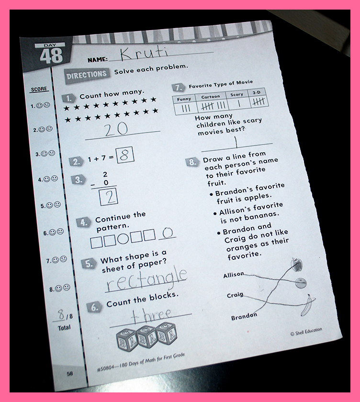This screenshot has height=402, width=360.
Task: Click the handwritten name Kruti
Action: click(145, 54)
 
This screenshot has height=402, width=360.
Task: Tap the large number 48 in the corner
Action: click(51, 56)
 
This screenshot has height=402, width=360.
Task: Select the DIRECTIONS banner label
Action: click(87, 75)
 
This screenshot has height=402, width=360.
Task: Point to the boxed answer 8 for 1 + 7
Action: click(125, 155)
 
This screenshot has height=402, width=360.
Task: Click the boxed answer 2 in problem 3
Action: click(109, 197)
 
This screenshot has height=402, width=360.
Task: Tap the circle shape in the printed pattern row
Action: click(123, 238)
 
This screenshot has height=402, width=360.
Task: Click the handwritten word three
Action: click(151, 315)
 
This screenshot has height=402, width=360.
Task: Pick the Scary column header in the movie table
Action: click(236, 95)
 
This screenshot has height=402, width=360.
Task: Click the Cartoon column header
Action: click(211, 97)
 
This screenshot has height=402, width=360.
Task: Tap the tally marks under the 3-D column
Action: click(259, 102)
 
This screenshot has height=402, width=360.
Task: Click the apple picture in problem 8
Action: click(297, 265)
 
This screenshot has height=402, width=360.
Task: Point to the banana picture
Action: click(308, 305)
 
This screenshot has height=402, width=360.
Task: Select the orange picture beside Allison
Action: click(301, 283)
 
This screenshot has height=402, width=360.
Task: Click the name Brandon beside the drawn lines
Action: click(244, 317)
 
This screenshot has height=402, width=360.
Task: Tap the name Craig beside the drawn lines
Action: click(235, 295)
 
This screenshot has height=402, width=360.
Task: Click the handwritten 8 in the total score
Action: click(61, 314)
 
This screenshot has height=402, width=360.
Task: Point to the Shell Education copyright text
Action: click(306, 332)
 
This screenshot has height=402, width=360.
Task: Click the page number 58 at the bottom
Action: click(70, 374)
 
